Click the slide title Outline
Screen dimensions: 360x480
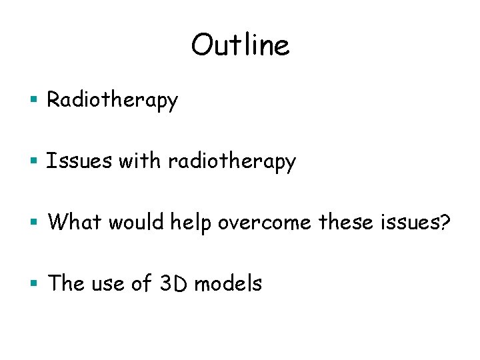240,45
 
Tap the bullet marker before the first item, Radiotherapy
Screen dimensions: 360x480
37,101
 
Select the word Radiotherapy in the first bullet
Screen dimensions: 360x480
113,101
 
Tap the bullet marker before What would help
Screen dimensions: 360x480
37,223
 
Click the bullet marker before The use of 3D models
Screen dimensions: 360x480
37,284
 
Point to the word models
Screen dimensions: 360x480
228,283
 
